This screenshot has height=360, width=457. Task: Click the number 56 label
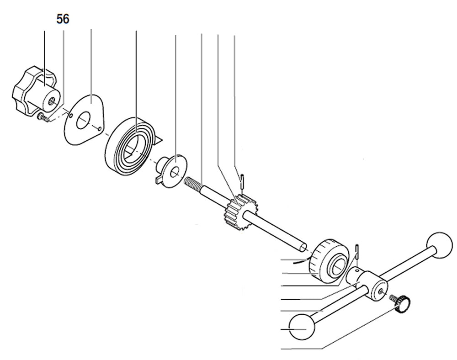(63, 19)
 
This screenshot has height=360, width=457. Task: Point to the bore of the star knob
(52, 100)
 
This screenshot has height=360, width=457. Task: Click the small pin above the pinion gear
(243, 180)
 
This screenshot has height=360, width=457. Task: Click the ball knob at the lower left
(303, 327)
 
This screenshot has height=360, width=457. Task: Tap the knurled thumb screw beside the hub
(403, 303)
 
